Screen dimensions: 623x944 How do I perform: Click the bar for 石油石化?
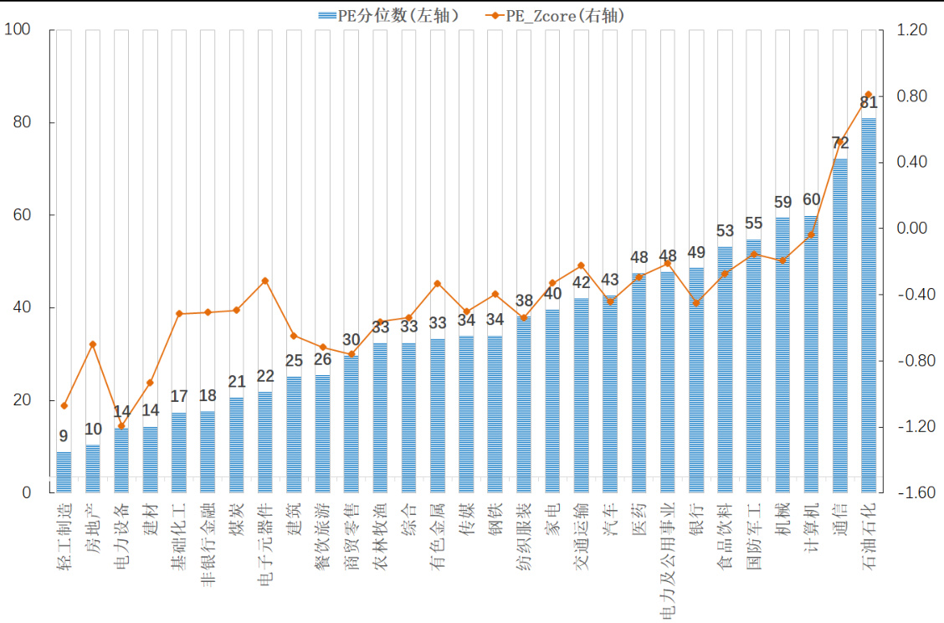pos(869,306)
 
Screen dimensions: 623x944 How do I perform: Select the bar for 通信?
pos(840,327)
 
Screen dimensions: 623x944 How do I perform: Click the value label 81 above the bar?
pos(869,103)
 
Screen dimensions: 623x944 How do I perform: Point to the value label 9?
pos(64,436)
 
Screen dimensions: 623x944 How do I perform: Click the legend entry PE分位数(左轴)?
pos(389,15)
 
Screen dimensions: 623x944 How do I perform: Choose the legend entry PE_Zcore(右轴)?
pos(557,15)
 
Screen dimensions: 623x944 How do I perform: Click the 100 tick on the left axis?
pos(18,30)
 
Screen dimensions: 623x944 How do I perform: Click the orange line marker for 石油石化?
pos(869,95)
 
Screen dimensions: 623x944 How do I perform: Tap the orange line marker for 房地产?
pos(93,344)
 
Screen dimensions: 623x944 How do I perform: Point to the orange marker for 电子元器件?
pos(264,281)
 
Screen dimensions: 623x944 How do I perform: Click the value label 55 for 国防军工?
pos(753,224)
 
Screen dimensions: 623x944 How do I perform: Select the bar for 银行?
pos(696,381)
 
